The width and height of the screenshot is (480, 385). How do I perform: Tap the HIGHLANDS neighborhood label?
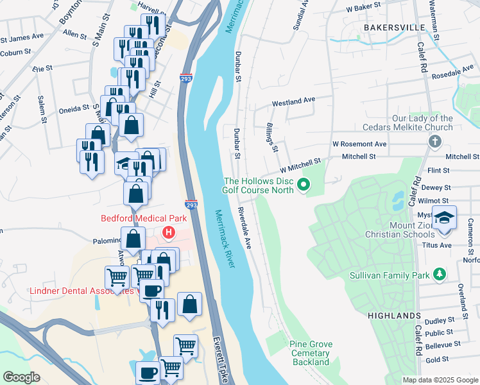click(394, 316)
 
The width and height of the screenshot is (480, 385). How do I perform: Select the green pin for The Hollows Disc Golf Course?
click(305, 186)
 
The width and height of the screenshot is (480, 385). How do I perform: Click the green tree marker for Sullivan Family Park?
click(440, 275)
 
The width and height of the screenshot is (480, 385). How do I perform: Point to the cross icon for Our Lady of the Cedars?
click(434, 141)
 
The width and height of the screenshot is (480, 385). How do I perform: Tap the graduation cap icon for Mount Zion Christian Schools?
click(445, 218)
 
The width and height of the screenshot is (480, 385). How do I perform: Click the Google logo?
click(21, 377)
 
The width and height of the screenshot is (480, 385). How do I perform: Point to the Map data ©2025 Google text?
click(440, 380)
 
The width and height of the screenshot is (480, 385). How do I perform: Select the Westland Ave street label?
click(294, 101)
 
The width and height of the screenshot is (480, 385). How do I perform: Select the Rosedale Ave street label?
click(458, 75)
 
